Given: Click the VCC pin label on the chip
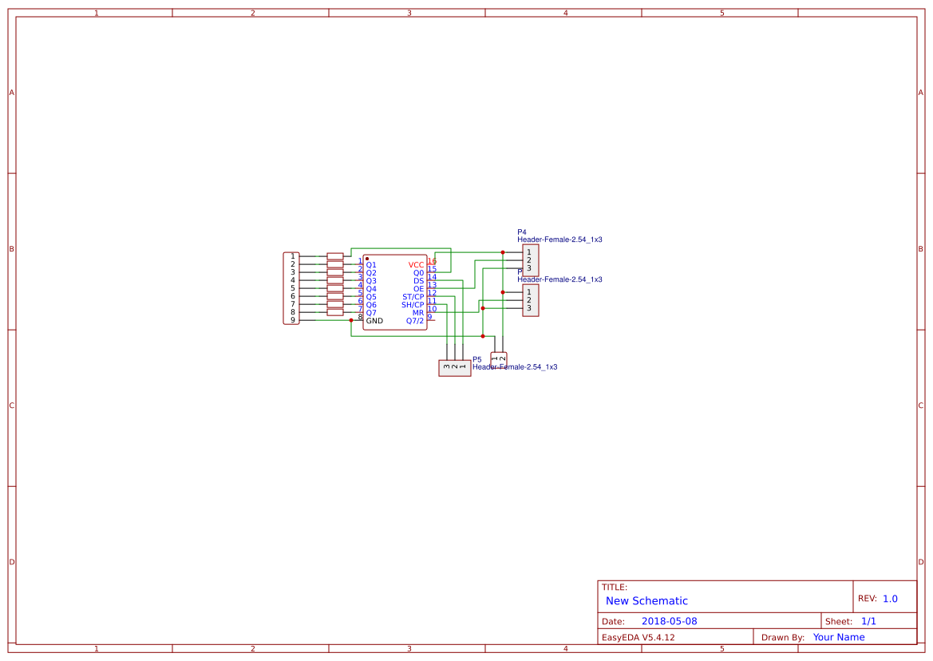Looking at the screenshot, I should click(x=416, y=265).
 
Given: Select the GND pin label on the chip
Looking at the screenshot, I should click(x=374, y=321).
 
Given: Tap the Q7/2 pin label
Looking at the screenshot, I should click(x=415, y=321).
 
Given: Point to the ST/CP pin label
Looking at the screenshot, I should click(x=413, y=297).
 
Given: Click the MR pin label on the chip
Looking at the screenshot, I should click(x=418, y=313).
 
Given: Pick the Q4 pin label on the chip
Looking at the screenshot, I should click(x=371, y=289).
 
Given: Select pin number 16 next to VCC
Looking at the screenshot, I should click(x=432, y=261).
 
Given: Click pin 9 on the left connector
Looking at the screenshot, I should click(x=293, y=320).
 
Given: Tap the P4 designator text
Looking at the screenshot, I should click(x=522, y=232).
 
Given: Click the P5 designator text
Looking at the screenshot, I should click(x=477, y=360).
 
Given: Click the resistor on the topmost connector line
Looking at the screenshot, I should click(x=335, y=257).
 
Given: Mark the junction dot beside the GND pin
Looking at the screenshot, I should click(x=351, y=320).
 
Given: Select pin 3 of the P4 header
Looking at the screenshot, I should click(x=528, y=268).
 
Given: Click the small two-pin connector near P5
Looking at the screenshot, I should click(x=499, y=358).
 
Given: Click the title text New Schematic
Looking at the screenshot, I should click(x=646, y=601).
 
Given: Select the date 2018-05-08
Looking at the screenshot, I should click(x=669, y=621).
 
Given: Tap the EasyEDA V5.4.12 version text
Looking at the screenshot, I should click(x=638, y=637).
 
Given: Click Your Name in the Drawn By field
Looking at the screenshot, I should click(x=839, y=637).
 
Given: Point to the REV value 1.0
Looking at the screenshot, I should click(x=890, y=599).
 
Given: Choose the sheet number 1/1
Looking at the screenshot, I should click(x=868, y=621).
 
